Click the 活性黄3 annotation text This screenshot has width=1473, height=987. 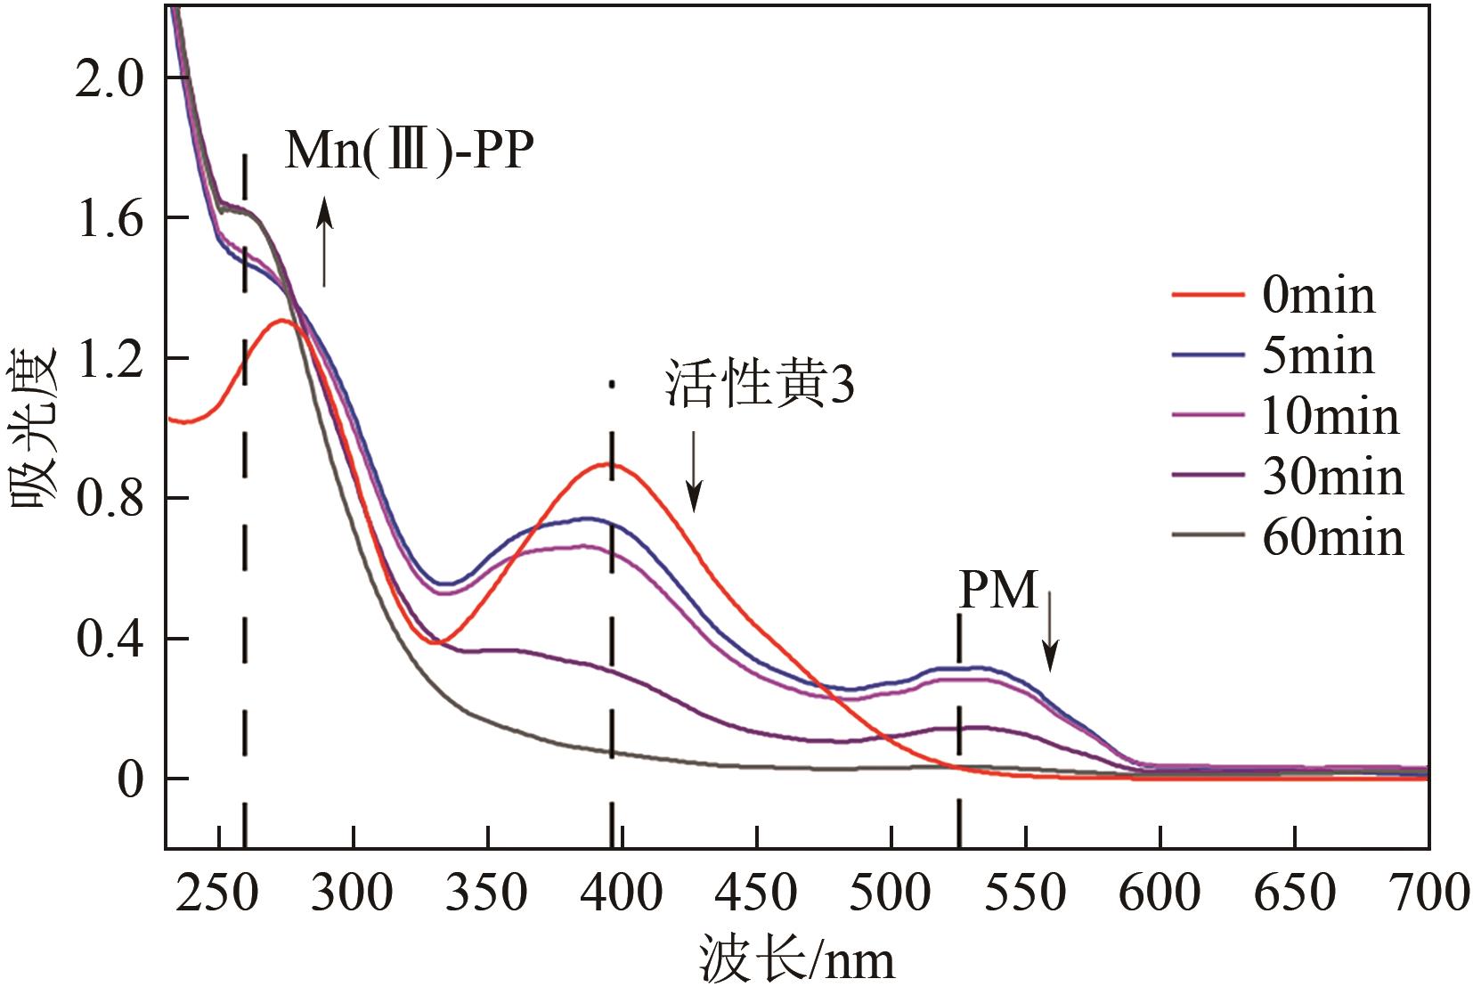[x=759, y=386]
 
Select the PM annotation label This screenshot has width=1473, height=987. [x=998, y=590]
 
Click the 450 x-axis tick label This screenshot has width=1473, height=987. [x=756, y=893]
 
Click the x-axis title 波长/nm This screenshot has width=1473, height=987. [x=796, y=960]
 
